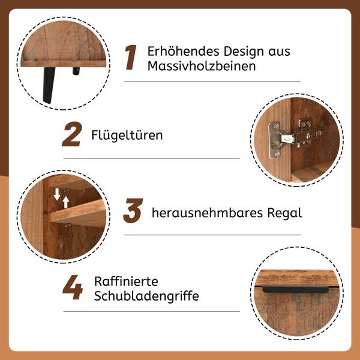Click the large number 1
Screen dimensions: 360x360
(x=131, y=58)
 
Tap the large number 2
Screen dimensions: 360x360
(x=72, y=134)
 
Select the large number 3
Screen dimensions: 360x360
(x=133, y=211)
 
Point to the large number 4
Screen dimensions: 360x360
(x=73, y=287)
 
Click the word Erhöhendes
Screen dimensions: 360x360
(x=183, y=51)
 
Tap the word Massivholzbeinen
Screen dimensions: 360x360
(x=202, y=66)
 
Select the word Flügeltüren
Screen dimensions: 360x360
(x=127, y=135)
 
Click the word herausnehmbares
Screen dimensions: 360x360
(x=207, y=212)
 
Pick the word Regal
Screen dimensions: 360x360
(x=284, y=213)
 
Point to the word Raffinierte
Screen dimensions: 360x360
(x=126, y=281)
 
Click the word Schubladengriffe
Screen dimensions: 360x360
(x=146, y=296)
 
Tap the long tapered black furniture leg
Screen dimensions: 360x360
(x=48, y=85)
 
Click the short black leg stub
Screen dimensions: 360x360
(x=76, y=71)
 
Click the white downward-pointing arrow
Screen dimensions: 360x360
(x=57, y=194)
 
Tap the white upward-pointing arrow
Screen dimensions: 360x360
(x=66, y=202)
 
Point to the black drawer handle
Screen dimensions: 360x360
(x=295, y=289)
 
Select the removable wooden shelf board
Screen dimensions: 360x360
(x=77, y=213)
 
